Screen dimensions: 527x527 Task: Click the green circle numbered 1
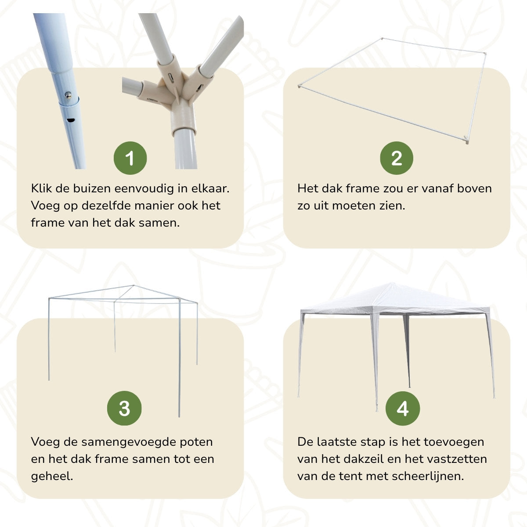130,158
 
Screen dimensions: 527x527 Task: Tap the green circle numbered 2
397,158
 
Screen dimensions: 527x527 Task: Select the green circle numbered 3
124,408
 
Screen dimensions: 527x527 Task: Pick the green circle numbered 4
402,408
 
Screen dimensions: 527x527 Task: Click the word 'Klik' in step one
42,188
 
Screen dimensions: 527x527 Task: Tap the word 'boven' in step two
475,188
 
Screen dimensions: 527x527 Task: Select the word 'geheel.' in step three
52,476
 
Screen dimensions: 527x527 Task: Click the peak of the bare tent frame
134,286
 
